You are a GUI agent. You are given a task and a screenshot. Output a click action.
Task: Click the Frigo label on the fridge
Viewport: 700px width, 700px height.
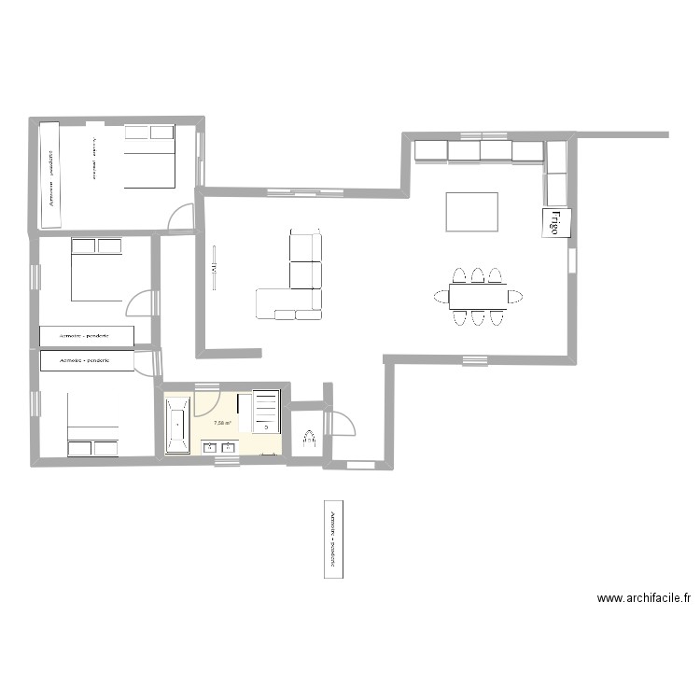click(553, 223)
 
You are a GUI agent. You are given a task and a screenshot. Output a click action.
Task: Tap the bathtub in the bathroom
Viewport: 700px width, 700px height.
click(177, 425)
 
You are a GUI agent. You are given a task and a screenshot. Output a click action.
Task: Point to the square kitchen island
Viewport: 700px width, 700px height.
click(472, 211)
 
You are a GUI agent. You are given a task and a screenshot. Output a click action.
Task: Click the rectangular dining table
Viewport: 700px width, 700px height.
click(477, 297)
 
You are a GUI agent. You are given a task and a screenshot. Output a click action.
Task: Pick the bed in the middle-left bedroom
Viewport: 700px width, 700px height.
click(98, 270)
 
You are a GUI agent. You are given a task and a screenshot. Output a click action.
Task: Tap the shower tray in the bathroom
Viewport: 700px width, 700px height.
click(266, 412)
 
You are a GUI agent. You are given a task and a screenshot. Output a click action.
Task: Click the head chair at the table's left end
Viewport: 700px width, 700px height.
click(441, 297)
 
